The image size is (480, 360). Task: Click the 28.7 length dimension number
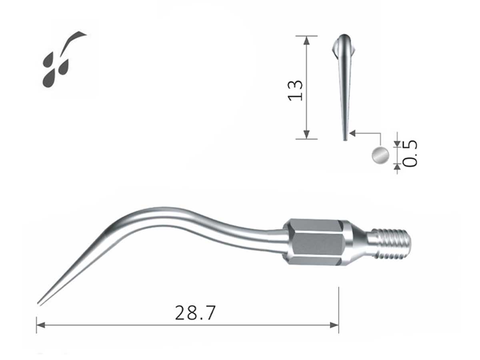[195, 313]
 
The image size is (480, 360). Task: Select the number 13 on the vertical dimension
[296, 90]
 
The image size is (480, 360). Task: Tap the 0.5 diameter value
[411, 153]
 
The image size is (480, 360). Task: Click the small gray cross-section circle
[380, 155]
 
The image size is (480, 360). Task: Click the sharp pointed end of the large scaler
[39, 303]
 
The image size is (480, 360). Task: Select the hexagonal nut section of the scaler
[315, 243]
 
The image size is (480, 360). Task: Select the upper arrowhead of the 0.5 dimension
[397, 144]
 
